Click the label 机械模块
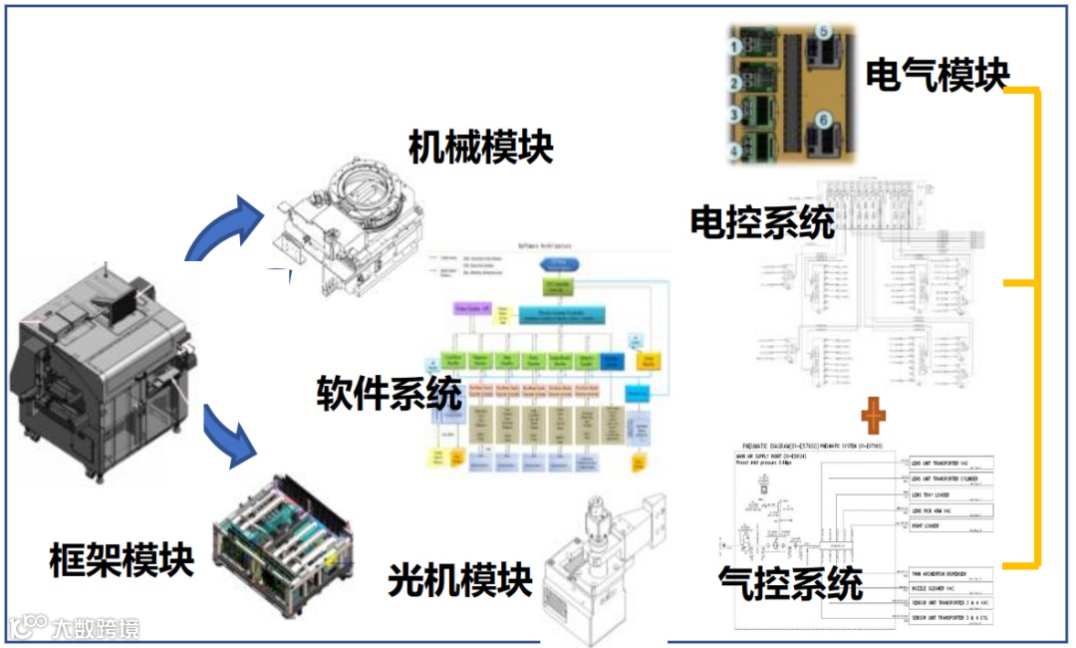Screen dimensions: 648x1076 point(480,148)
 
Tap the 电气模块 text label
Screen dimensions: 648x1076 point(937,75)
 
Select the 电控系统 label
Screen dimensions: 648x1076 point(762,222)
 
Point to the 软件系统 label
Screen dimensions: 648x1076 point(390,393)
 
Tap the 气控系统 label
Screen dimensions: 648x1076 point(790,583)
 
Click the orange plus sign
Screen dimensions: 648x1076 point(874,411)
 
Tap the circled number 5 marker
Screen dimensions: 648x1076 point(823,32)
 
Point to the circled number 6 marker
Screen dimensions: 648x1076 point(823,120)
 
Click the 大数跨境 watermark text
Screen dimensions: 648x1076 point(96,628)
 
